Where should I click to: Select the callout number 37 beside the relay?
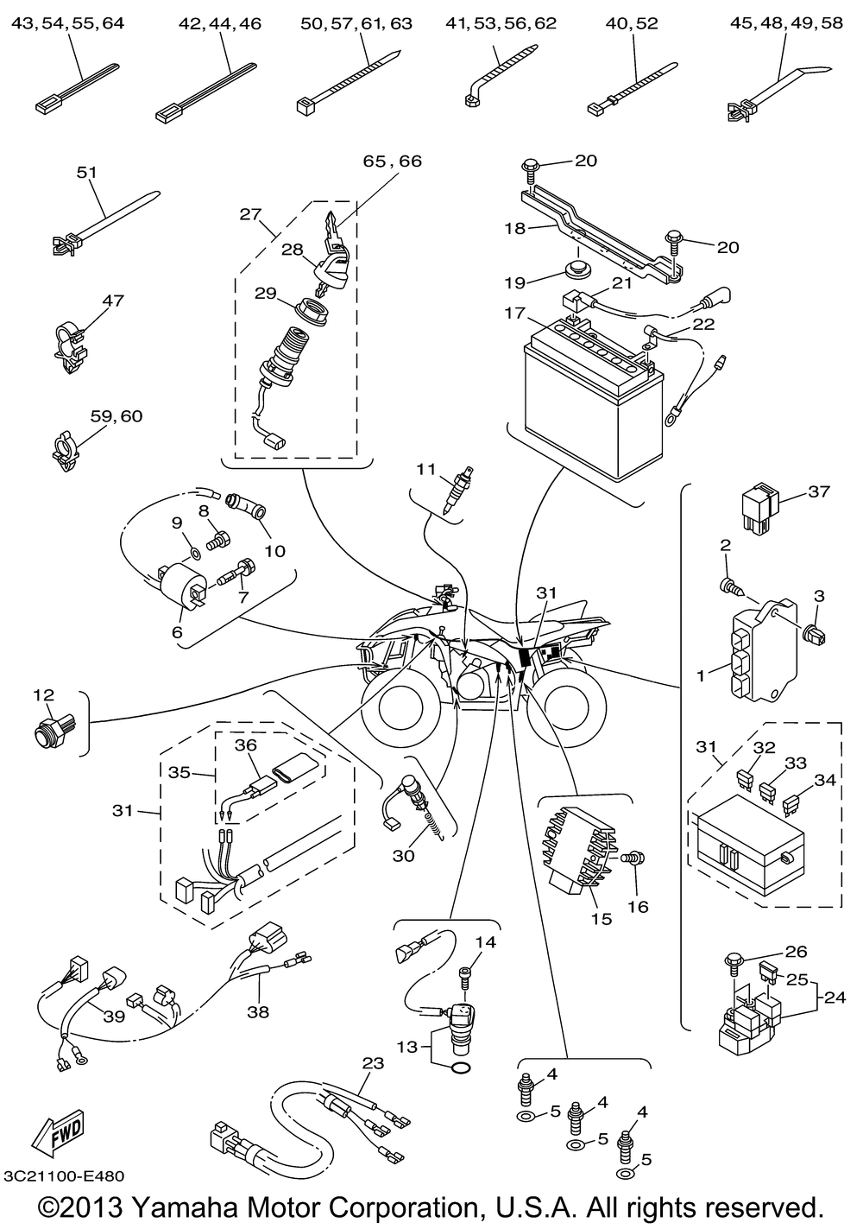pyautogui.click(x=818, y=491)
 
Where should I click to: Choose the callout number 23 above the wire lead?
pyautogui.click(x=372, y=1064)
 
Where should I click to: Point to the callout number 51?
pyautogui.click(x=86, y=172)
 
